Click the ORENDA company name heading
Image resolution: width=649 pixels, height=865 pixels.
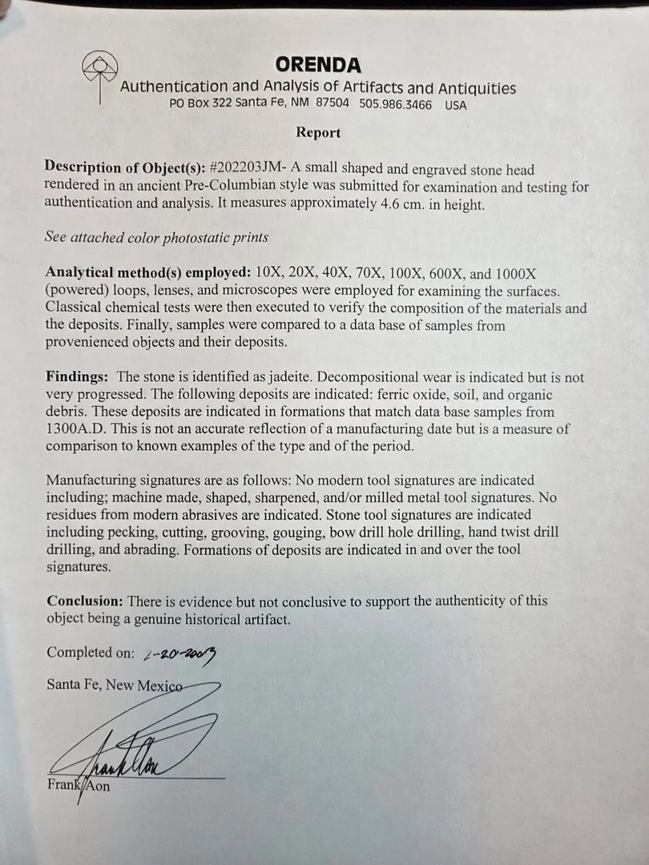318,65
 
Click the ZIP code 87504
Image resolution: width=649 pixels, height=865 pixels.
332,105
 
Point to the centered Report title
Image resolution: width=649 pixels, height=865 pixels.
318,133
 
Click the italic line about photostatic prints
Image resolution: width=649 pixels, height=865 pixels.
157,238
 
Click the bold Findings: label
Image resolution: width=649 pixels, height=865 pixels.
79,377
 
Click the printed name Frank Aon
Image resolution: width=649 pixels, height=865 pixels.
79,786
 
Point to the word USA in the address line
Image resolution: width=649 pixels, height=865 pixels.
455,105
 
